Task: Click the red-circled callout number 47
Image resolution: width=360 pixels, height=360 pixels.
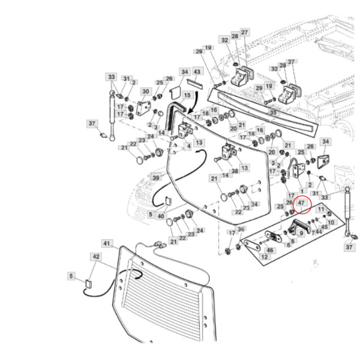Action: (x=302, y=204)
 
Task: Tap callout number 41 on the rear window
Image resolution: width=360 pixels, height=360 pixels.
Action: (x=107, y=244)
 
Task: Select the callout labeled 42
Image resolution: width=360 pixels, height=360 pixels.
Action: (x=95, y=256)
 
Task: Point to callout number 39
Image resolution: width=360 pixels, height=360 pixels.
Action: (x=156, y=178)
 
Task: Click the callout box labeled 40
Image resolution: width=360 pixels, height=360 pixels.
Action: (x=161, y=215)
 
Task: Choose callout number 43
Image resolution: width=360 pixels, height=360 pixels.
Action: (x=196, y=72)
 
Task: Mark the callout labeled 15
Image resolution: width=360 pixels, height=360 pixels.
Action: (x=187, y=95)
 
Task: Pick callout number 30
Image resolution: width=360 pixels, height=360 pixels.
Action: (x=145, y=91)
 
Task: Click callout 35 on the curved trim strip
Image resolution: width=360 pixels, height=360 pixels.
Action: (x=272, y=112)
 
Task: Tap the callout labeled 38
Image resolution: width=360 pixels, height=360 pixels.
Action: (x=235, y=171)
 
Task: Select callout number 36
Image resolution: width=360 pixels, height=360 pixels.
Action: (x=241, y=229)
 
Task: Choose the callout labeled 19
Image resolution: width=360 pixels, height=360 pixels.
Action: (x=208, y=48)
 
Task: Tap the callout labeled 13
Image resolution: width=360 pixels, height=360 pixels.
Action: (x=199, y=142)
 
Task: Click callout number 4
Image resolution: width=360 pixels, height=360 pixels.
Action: (x=189, y=146)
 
